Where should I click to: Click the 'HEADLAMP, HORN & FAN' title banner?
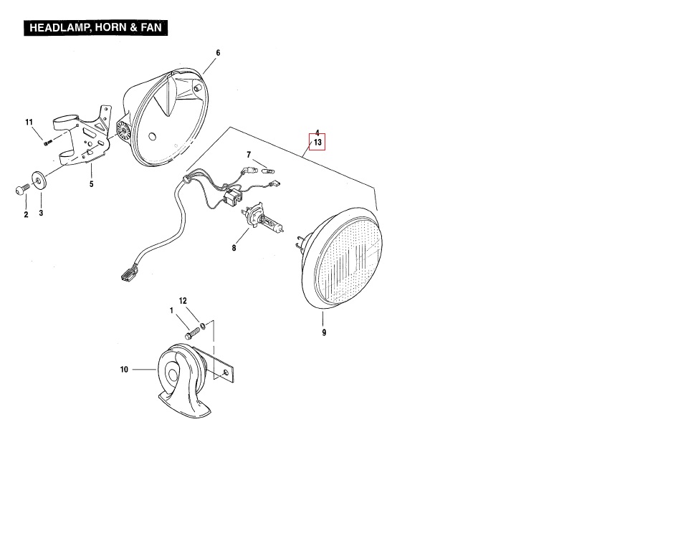[x=95, y=28]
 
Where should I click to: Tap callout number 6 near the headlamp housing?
[x=218, y=53]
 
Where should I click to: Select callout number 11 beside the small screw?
[x=29, y=123]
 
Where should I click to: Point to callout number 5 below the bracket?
[x=91, y=184]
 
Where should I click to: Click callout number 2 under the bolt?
[x=26, y=214]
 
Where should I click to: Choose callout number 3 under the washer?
[x=41, y=213]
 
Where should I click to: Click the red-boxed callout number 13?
[x=317, y=142]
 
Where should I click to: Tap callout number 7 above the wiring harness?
[x=249, y=155]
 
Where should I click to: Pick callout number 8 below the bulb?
[x=234, y=249]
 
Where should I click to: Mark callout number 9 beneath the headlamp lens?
[x=324, y=333]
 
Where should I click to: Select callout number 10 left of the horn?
[x=124, y=370]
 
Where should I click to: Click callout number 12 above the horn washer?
[x=183, y=301]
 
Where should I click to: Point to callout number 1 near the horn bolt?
[x=171, y=311]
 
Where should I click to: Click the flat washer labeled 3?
[x=39, y=181]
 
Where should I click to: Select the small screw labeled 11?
[x=47, y=142]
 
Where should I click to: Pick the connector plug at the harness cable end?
[x=128, y=275]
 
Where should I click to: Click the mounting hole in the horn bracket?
[x=226, y=373]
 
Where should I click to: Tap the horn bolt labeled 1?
[x=192, y=333]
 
